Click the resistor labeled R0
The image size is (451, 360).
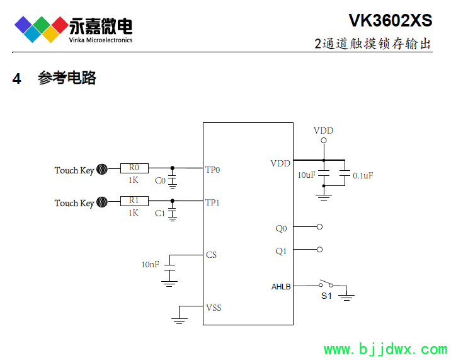[134, 168]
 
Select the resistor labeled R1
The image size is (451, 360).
[134, 201]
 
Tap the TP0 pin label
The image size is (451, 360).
[213, 170]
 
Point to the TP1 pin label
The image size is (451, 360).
[213, 202]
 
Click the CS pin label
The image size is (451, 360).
[212, 255]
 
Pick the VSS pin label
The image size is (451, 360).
[214, 308]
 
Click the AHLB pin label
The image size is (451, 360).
[281, 287]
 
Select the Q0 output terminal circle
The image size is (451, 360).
[320, 227]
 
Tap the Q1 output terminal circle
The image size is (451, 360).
[320, 250]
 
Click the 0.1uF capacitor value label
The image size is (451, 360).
[363, 175]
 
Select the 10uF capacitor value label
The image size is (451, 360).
[306, 175]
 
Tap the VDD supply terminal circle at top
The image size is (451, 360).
[324, 141]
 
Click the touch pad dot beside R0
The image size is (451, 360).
[103, 169]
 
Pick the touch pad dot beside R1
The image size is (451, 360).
[103, 202]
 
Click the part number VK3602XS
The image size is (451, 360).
[391, 20]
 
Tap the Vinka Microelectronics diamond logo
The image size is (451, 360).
[42, 28]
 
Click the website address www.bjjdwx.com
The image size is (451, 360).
[385, 349]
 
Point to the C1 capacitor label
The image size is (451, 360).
[160, 214]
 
